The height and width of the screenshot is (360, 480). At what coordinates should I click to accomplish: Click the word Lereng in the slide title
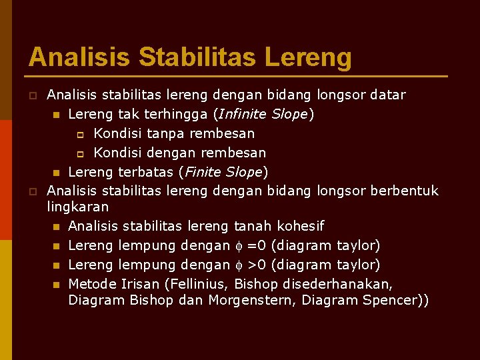308,57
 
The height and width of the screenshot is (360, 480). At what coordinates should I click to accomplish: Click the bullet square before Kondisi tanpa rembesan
78,134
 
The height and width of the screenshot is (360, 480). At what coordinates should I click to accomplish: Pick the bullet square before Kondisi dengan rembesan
78,153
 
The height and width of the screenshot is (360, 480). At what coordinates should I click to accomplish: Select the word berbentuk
405,191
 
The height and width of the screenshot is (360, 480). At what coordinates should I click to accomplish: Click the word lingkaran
78,207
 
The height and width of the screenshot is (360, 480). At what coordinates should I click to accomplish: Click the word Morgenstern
251,301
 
